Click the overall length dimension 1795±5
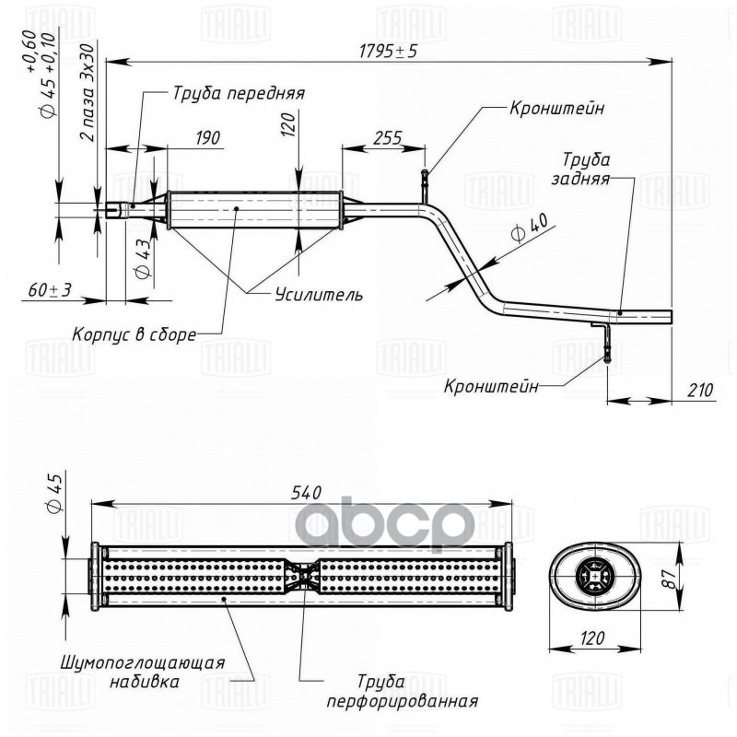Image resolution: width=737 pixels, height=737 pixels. (x=388, y=51)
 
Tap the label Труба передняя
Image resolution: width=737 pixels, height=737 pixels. (x=239, y=93)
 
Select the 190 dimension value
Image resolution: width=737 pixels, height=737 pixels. (x=207, y=137)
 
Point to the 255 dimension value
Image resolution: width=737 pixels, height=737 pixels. (x=387, y=138)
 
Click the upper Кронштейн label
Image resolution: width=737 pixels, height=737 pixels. (x=557, y=109)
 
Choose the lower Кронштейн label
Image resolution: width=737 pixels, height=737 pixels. (x=491, y=387)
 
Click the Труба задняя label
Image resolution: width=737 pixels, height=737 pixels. (x=583, y=169)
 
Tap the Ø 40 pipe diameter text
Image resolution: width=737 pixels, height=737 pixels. (x=531, y=228)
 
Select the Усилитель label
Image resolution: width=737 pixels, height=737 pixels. (x=319, y=295)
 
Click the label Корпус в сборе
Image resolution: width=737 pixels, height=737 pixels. (x=134, y=334)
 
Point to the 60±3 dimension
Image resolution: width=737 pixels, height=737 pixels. (x=50, y=290)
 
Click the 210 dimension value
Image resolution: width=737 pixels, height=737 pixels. (x=700, y=390)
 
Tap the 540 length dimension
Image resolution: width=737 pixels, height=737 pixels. (x=307, y=493)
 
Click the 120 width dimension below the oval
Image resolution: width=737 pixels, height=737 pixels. (x=591, y=638)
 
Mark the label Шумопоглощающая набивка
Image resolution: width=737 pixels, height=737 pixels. (x=143, y=673)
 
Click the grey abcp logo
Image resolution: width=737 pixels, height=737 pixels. (x=386, y=525)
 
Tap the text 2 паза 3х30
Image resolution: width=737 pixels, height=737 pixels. (x=88, y=93)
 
